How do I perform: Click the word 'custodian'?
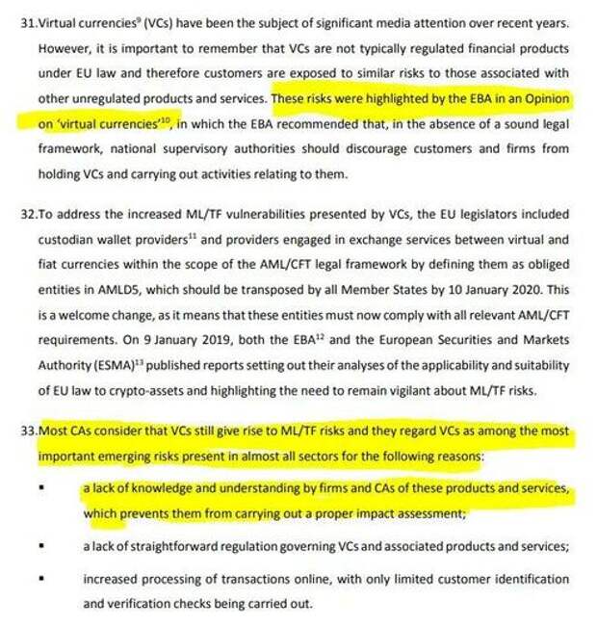coord(67,239)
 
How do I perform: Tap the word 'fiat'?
coord(51,265)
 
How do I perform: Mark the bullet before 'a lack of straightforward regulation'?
coord(43,547)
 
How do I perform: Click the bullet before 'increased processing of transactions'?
coord(43,579)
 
